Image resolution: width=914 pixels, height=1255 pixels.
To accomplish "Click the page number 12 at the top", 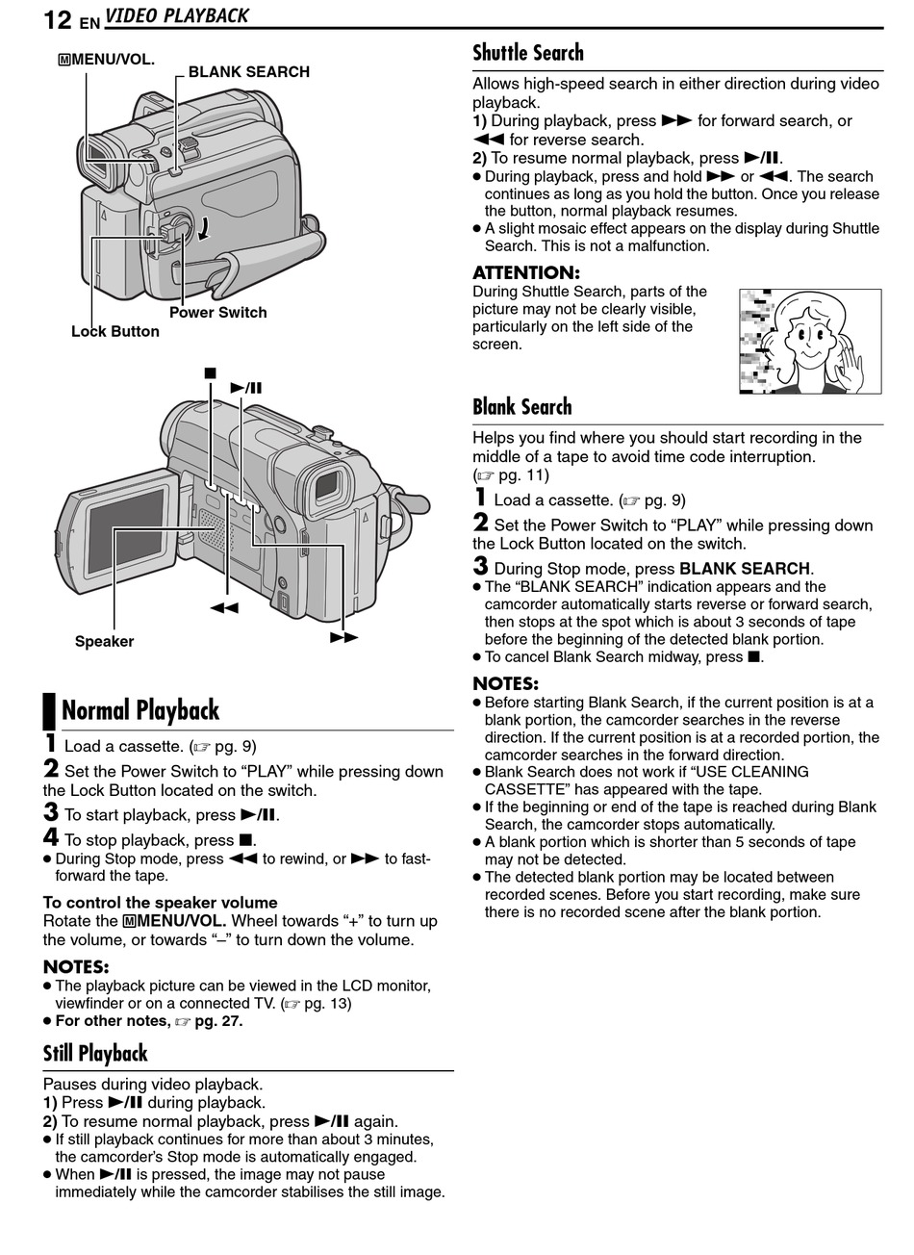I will (57, 18).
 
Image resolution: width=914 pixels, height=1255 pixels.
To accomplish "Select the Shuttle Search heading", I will (527, 53).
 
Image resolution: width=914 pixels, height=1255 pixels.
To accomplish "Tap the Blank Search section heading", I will (521, 407).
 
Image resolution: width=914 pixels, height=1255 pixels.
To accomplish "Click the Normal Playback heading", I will (140, 710).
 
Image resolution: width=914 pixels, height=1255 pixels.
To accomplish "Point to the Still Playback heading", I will (95, 1053).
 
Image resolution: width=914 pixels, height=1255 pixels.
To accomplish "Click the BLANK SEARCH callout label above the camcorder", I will (248, 72).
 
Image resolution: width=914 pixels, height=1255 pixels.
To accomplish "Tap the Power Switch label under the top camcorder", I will (217, 313).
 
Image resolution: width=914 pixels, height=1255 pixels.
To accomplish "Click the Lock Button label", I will (114, 332).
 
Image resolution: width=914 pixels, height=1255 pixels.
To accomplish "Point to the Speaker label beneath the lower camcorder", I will (104, 642).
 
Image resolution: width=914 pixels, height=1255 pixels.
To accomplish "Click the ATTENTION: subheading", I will (525, 273).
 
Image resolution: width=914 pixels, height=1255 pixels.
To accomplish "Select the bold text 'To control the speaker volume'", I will (160, 903).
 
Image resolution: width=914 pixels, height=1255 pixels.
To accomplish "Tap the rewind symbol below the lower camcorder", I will (224, 608).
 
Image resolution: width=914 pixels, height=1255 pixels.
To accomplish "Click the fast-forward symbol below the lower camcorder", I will (343, 637).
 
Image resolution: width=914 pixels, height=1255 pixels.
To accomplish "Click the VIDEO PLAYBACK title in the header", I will (177, 16).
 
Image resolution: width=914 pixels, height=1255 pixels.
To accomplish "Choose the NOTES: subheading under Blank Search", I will (505, 684).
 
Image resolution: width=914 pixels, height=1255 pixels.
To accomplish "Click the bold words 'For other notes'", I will (113, 1021).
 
